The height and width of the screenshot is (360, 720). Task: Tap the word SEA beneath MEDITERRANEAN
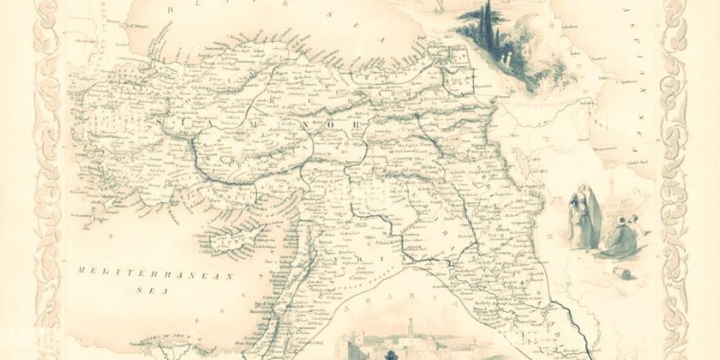133,287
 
